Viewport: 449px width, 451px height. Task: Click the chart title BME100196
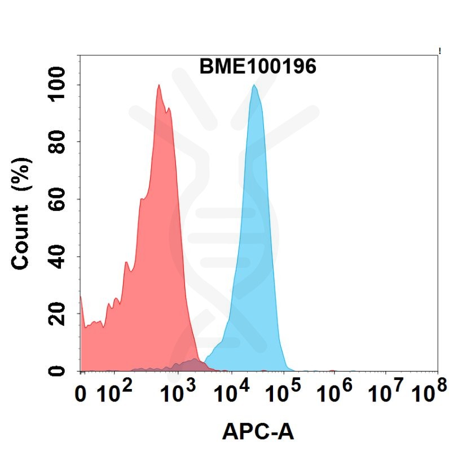tap(258, 67)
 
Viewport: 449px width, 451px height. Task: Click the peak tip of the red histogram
tap(159, 86)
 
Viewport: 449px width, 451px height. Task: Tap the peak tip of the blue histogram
tap(254, 86)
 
